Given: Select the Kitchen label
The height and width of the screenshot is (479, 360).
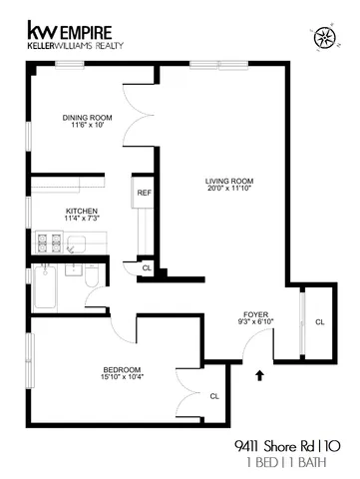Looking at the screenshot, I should point(80,211).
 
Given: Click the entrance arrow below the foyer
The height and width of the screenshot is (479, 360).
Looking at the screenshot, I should point(261,376).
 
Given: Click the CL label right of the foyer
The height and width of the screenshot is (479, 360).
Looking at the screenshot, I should point(319,322).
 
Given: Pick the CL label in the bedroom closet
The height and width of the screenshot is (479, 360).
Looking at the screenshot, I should point(214,397).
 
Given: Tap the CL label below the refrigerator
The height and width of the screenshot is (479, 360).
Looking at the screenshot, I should point(147,267).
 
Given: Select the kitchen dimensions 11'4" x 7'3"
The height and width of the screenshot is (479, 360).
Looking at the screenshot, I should point(80,219).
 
